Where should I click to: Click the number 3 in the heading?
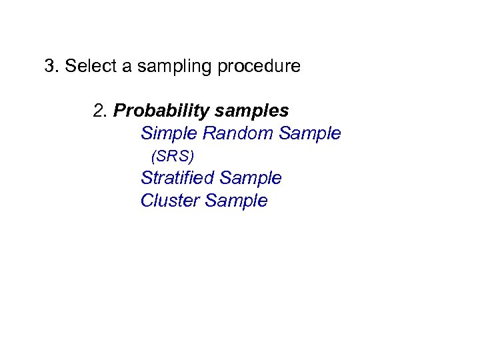coord(49,66)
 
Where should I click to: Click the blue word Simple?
coord(169,134)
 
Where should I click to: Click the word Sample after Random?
coord(310,134)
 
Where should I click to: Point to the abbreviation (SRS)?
coord(173,157)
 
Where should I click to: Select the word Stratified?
coord(177,179)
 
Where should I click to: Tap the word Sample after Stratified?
coord(251,179)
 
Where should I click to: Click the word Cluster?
coord(171,201)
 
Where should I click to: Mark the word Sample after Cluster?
coord(237,201)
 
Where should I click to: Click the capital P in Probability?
coord(120,110)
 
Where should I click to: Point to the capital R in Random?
coord(209,133)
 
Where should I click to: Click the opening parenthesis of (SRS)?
coord(154,157)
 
